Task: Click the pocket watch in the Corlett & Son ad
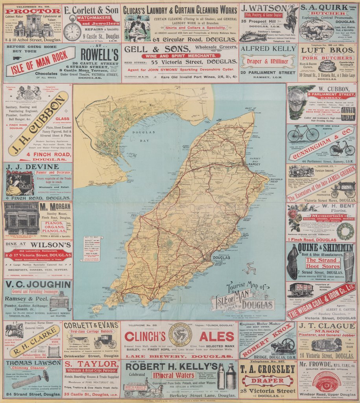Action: coord(72,31)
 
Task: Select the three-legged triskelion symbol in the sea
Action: coord(249,269)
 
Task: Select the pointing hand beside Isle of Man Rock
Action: coord(17,58)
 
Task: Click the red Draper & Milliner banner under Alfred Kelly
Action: coord(268,61)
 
